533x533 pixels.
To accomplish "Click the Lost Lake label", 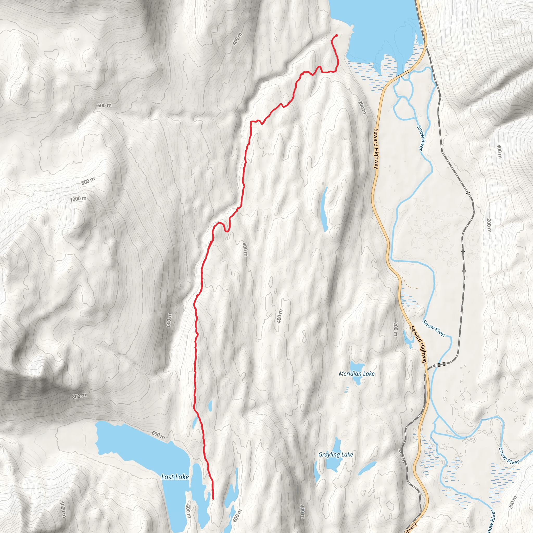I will pyautogui.click(x=175, y=477).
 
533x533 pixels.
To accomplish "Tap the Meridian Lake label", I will pyautogui.click(x=357, y=373).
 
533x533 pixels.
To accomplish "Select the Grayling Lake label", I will pyautogui.click(x=335, y=454).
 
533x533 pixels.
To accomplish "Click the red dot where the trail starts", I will pyautogui.click(x=337, y=36).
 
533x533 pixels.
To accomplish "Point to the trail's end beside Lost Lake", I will pyautogui.click(x=213, y=498).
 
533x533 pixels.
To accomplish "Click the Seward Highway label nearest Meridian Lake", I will pyautogui.click(x=419, y=345).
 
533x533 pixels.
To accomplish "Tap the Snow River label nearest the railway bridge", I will pyautogui.click(x=434, y=328).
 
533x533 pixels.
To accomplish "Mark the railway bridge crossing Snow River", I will pyautogui.click(x=440, y=365).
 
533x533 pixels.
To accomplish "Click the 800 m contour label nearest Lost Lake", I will pyautogui.click(x=79, y=396).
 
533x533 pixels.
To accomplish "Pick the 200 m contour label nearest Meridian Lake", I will pyautogui.click(x=395, y=329).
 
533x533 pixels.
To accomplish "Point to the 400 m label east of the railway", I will pyautogui.click(x=499, y=151).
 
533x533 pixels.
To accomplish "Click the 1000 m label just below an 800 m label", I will pyautogui.click(x=78, y=199).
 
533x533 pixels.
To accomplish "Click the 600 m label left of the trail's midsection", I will pyautogui.click(x=169, y=320).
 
